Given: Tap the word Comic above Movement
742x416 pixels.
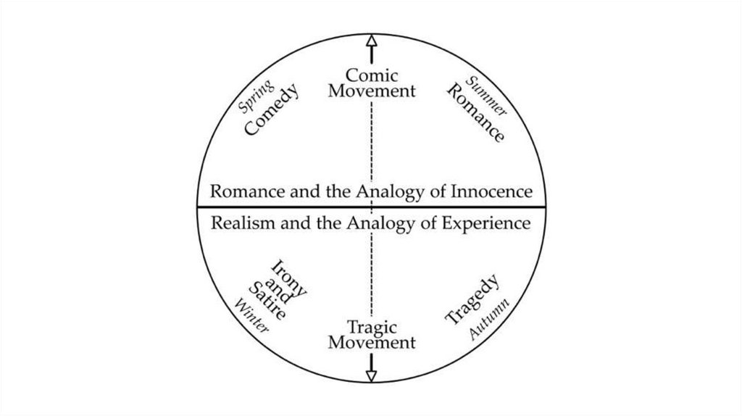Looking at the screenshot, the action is (x=372, y=75).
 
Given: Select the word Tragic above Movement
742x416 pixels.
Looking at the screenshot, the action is (x=372, y=327).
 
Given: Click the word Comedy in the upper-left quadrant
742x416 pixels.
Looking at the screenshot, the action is (x=272, y=110).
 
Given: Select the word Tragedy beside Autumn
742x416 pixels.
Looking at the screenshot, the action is (x=472, y=299).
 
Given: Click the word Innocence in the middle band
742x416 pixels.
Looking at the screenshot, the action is (x=492, y=192).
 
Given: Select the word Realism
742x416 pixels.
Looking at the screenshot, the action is (x=241, y=223).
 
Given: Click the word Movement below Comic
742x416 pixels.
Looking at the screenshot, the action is (x=372, y=91).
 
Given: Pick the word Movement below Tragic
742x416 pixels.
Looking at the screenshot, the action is (x=372, y=342).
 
